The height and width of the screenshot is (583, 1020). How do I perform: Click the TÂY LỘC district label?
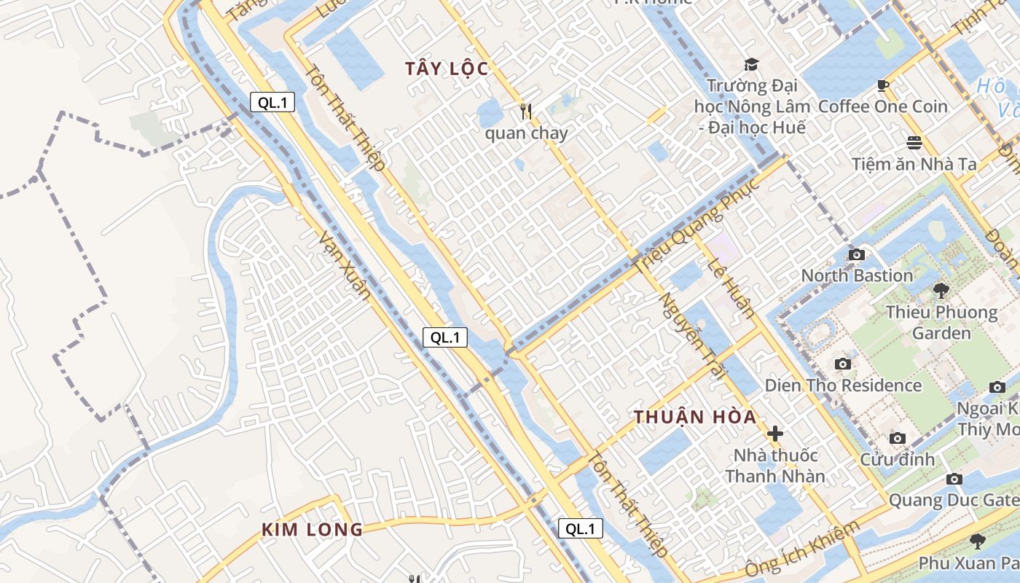click(x=447, y=69)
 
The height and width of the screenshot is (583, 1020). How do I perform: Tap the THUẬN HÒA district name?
click(x=695, y=418)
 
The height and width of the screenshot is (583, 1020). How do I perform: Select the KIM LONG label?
click(x=312, y=530)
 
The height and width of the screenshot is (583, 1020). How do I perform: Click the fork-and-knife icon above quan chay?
click(x=526, y=111)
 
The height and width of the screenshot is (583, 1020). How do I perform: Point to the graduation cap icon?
click(x=751, y=65)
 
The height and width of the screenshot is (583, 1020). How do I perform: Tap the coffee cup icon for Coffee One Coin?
click(x=883, y=86)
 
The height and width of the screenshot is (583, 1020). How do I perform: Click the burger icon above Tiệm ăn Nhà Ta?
click(x=914, y=142)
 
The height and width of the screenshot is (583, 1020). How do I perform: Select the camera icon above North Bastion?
click(x=857, y=254)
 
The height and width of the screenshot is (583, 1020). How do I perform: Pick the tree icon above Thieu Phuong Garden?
click(x=941, y=291)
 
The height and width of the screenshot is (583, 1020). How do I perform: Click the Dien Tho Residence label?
click(x=843, y=385)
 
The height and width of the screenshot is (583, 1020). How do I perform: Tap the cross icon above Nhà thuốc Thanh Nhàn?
click(x=775, y=434)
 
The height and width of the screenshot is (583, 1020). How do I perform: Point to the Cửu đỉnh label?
click(x=897, y=459)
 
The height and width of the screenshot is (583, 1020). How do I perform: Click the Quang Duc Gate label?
click(x=953, y=501)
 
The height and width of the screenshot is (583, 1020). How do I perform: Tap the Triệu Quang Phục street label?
click(x=697, y=227)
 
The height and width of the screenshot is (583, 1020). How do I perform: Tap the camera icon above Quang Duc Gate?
click(x=954, y=479)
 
